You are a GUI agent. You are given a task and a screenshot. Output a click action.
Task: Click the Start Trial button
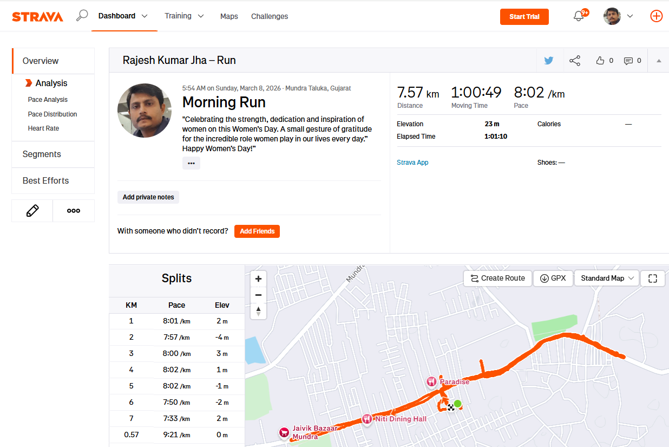click(x=524, y=17)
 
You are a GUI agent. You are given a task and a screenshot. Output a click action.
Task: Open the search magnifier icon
click(x=82, y=16)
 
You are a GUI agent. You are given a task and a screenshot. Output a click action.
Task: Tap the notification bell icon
click(x=579, y=16)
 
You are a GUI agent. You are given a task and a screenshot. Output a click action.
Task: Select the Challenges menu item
click(x=270, y=16)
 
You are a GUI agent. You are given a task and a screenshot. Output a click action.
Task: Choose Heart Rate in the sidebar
click(x=43, y=128)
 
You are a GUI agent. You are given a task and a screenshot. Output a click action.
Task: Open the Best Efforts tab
click(x=45, y=180)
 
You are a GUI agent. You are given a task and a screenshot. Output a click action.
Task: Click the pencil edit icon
click(x=32, y=211)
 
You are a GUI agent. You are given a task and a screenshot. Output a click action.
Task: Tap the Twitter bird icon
click(x=549, y=61)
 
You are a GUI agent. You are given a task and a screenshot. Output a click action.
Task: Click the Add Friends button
click(x=257, y=231)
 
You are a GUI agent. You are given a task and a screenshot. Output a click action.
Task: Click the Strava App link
click(x=412, y=163)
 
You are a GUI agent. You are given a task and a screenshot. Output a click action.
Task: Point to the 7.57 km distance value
click(x=418, y=93)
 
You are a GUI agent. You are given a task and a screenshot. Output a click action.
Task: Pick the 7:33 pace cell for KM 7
click(x=176, y=418)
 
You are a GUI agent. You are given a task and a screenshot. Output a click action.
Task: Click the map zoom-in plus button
click(x=258, y=279)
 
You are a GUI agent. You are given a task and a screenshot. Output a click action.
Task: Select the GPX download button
click(x=553, y=278)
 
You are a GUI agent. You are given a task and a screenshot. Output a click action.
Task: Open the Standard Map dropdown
click(x=607, y=278)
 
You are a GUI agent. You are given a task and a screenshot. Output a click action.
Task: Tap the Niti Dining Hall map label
click(x=401, y=419)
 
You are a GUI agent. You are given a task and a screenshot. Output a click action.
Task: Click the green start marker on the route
click(x=457, y=403)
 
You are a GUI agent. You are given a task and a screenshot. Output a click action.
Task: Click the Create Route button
click(x=497, y=278)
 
